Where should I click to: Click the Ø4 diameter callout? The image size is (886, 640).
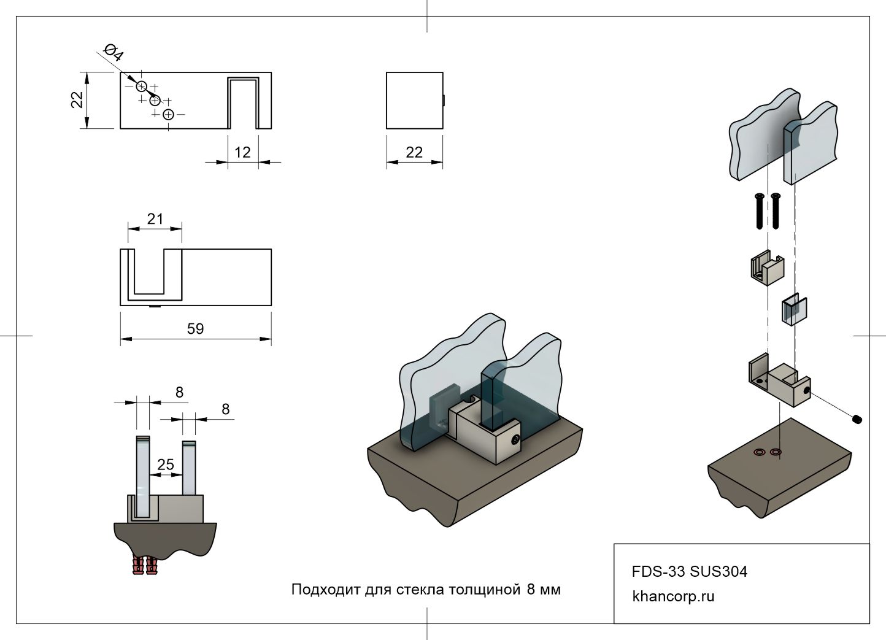pos(114,53)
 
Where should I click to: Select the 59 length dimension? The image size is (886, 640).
pos(195,329)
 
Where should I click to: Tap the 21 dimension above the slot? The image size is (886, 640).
pos(155,218)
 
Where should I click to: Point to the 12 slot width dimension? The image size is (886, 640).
pos(242,152)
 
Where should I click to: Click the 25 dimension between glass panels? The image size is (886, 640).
pos(166,465)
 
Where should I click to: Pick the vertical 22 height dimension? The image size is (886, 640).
pos(77,99)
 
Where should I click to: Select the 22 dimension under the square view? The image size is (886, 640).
pos(414,152)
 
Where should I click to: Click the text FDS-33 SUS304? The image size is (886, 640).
pos(690,572)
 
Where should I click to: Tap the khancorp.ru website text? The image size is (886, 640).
pos(673,596)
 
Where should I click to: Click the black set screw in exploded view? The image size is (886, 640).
pos(857,419)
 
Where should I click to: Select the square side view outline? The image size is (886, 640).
pos(414,101)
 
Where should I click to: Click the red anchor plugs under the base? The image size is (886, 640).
pos(145,565)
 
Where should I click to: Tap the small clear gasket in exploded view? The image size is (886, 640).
pos(793,310)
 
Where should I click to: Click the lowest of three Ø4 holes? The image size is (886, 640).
pos(169,114)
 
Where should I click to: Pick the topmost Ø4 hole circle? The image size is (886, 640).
pos(142,86)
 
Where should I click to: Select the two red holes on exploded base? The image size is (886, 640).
pos(767,453)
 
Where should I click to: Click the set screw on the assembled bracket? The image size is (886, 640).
pos(515,440)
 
